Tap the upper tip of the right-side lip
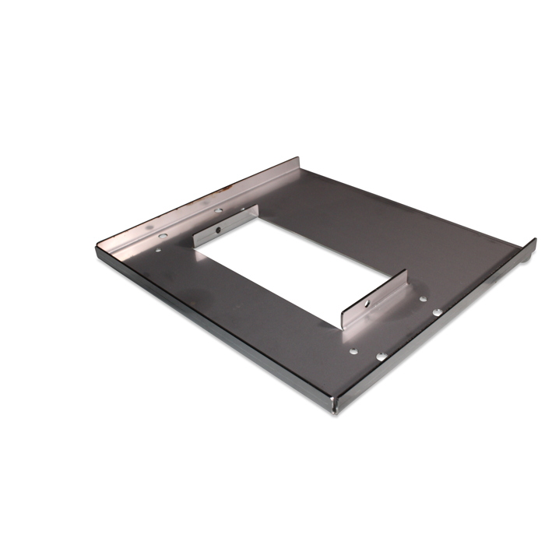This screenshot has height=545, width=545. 534,241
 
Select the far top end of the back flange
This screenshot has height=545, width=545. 298,160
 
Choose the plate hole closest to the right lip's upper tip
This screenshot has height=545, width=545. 423,298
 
